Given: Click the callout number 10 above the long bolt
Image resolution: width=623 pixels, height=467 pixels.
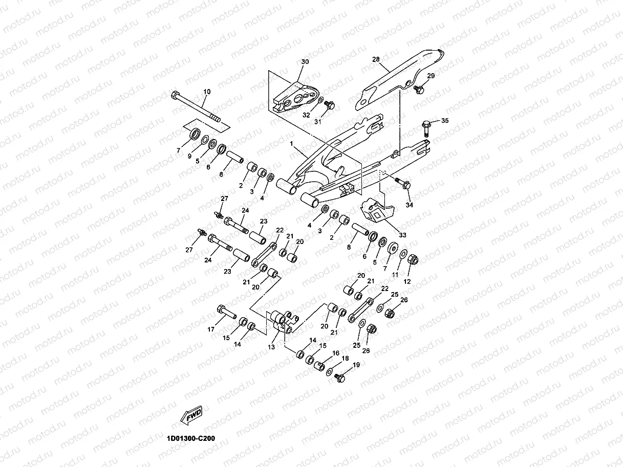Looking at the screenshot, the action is [x=207, y=92].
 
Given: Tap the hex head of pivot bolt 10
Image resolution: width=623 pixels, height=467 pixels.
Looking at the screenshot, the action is [x=175, y=95].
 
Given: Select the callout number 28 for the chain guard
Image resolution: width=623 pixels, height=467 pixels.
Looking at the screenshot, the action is [x=376, y=59].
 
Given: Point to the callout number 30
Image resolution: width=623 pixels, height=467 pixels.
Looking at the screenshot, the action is [x=305, y=61].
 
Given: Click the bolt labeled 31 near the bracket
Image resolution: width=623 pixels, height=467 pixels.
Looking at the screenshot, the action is [x=329, y=105].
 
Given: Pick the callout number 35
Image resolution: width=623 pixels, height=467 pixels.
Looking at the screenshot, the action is [x=445, y=121].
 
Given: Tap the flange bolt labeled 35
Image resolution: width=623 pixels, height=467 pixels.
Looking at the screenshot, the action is [x=426, y=128].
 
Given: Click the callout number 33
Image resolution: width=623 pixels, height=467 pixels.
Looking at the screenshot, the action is [x=402, y=235].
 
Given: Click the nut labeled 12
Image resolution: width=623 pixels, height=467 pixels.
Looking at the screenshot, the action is [x=413, y=259].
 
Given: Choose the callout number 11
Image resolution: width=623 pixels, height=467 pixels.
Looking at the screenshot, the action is [x=395, y=275].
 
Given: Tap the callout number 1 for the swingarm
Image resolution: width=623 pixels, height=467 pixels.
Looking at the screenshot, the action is [x=291, y=144].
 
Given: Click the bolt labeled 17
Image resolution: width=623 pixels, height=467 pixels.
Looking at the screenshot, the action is [x=226, y=312].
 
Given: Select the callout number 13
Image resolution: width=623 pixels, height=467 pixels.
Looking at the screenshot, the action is [x=271, y=347].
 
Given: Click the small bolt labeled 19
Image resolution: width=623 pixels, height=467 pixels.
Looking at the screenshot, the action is [x=339, y=377].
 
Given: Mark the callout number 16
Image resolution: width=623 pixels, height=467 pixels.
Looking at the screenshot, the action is [x=336, y=353].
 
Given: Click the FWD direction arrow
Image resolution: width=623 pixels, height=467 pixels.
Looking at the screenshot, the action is [x=191, y=415].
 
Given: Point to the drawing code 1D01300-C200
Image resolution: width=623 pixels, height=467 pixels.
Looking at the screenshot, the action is [x=191, y=438].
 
